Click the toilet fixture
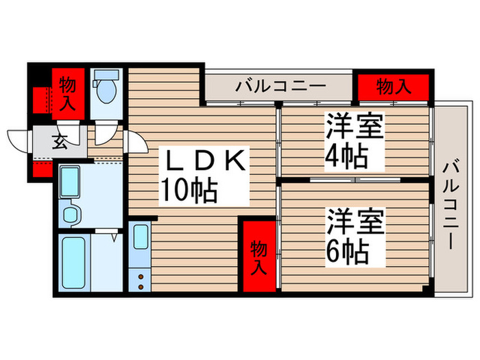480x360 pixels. pyautogui.click(x=107, y=90)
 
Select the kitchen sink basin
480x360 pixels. pyautogui.click(x=140, y=237)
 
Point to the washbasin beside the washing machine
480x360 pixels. pyautogui.click(x=71, y=214)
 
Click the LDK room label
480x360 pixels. pyautogui.click(x=203, y=163)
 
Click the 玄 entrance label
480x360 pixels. pyautogui.click(x=60, y=143)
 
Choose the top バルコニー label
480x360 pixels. pyautogui.click(x=272, y=86)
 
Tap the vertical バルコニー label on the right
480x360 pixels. pyautogui.click(x=451, y=204)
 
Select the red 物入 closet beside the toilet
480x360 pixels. pyautogui.click(x=67, y=95)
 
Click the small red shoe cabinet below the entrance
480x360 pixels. pyautogui.click(x=42, y=168)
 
